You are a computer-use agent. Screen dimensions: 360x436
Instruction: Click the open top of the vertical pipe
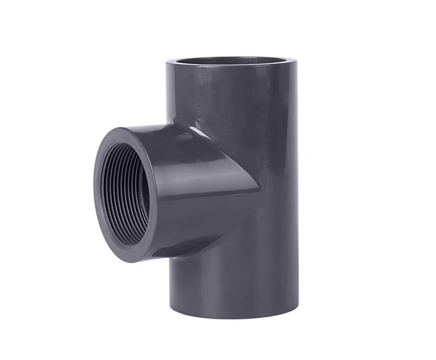click(x=231, y=61)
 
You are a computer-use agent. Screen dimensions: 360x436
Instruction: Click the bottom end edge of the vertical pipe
click(x=233, y=314)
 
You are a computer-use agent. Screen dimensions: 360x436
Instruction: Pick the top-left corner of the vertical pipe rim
click(x=167, y=62)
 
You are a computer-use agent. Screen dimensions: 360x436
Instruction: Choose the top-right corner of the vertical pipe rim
click(x=296, y=62)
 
